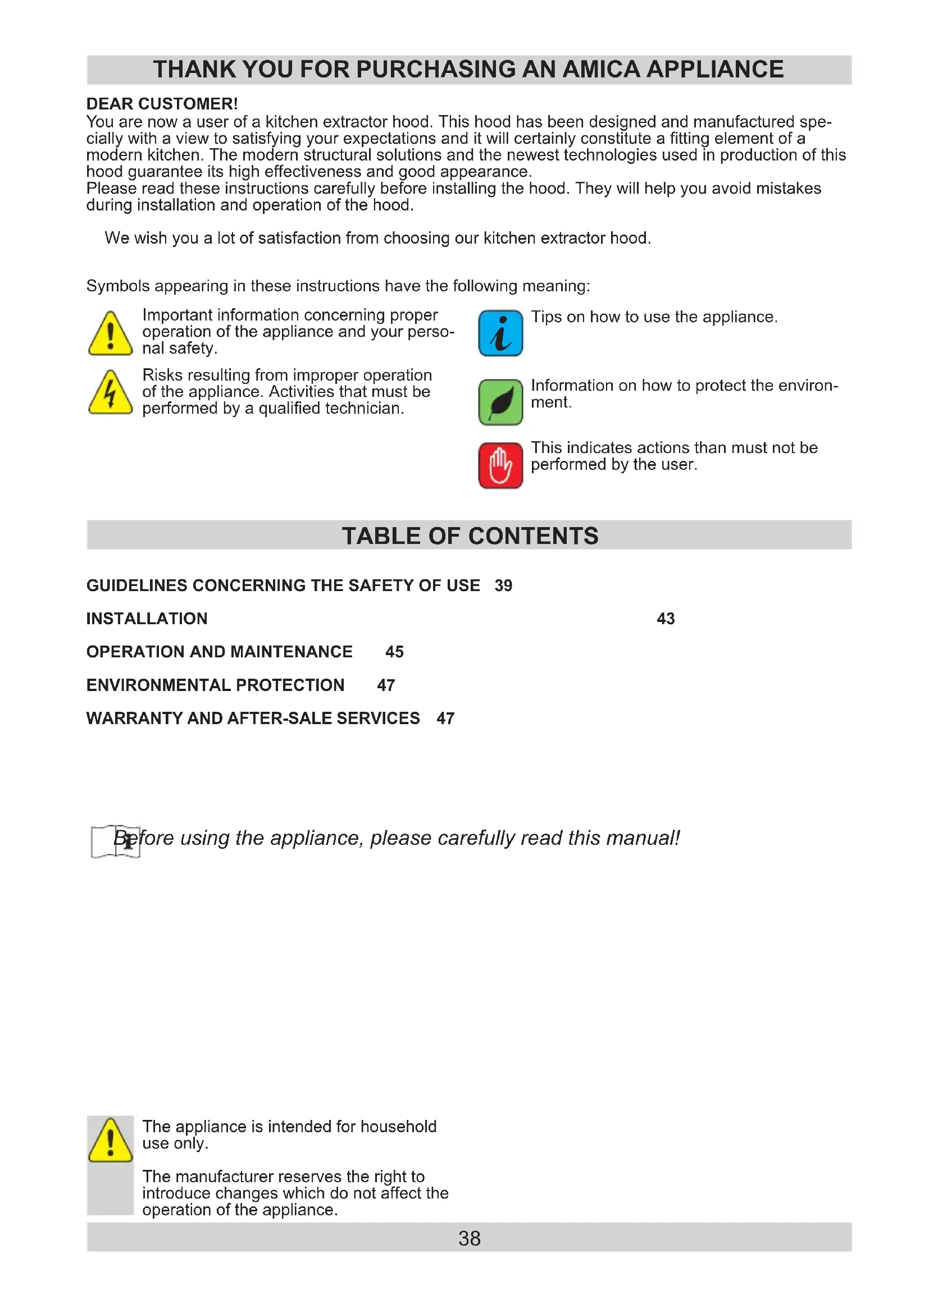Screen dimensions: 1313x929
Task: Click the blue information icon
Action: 500,333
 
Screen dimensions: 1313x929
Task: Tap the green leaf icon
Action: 500,402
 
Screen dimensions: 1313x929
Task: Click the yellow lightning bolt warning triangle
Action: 111,393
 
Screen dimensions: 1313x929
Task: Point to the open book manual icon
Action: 116,841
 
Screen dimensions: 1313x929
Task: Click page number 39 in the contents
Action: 503,585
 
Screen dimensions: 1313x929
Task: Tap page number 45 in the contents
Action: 395,652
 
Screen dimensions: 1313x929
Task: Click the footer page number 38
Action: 469,1239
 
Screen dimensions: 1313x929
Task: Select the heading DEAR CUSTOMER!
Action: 162,104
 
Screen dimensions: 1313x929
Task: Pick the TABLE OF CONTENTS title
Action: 470,537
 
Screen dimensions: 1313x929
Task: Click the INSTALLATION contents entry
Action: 147,619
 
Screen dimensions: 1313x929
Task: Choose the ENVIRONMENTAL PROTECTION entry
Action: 216,685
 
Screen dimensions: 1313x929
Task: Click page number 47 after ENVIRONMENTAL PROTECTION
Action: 386,685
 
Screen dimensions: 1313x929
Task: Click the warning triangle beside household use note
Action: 111,1141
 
